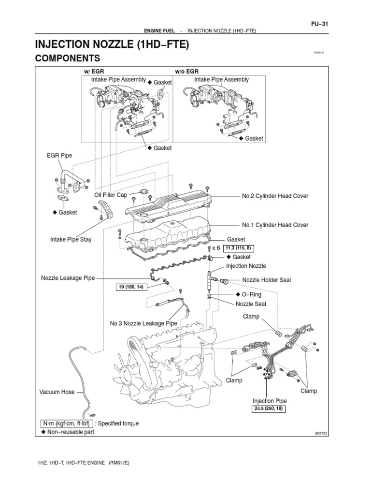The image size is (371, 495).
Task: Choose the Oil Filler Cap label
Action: pyautogui.click(x=111, y=195)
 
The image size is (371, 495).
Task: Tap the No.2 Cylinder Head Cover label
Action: pyautogui.click(x=275, y=196)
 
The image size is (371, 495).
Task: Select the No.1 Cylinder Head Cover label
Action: pyautogui.click(x=275, y=225)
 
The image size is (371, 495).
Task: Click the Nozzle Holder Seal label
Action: pyautogui.click(x=266, y=280)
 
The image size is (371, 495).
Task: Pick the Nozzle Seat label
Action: pyautogui.click(x=251, y=304)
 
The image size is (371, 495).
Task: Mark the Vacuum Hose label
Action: pyautogui.click(x=57, y=392)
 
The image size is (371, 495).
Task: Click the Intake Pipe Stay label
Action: pyautogui.click(x=71, y=239)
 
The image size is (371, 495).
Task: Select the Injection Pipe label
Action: pyautogui.click(x=270, y=401)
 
